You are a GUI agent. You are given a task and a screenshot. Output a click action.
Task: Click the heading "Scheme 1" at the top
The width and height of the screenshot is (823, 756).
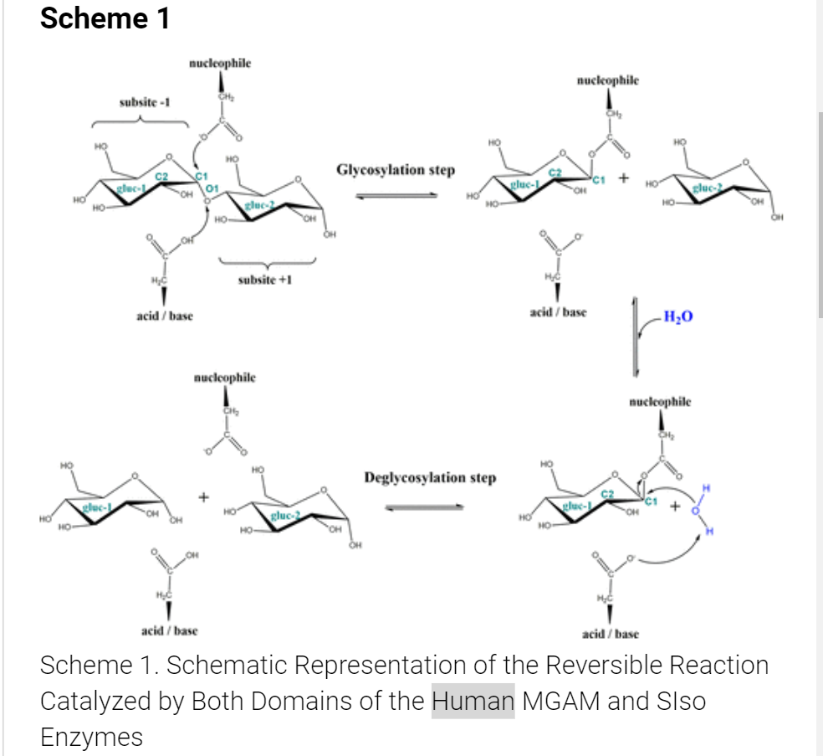pyautogui.click(x=105, y=18)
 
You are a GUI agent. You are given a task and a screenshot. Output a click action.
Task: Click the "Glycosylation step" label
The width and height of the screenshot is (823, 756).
pyautogui.click(x=396, y=171)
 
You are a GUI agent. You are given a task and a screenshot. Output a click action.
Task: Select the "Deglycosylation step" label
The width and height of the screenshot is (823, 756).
pyautogui.click(x=430, y=478)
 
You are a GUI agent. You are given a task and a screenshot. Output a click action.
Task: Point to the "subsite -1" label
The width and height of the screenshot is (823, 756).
pyautogui.click(x=144, y=102)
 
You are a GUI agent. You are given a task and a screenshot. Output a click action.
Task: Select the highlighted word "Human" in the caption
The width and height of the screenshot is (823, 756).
pyautogui.click(x=473, y=700)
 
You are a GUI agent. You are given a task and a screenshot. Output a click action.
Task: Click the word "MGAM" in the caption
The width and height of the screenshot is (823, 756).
pyautogui.click(x=559, y=700)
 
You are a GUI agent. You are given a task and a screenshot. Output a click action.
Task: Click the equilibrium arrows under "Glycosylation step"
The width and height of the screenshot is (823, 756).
pyautogui.click(x=396, y=196)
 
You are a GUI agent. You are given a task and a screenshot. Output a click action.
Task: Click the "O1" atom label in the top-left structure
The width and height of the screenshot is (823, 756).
pyautogui.click(x=211, y=190)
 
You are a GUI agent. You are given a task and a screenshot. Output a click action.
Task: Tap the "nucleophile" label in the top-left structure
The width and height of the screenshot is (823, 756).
pyautogui.click(x=220, y=63)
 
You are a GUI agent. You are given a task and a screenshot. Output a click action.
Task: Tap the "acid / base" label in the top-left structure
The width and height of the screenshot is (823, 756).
pyautogui.click(x=165, y=316)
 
